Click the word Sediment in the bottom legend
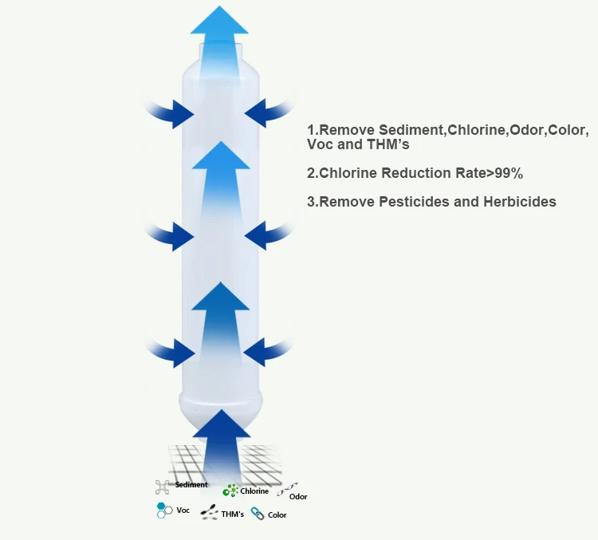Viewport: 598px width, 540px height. (x=191, y=485)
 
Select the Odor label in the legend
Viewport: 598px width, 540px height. (x=298, y=497)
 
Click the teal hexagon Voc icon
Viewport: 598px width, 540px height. (x=163, y=510)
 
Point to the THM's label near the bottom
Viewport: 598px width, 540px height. (x=233, y=514)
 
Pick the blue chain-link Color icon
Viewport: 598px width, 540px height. (x=258, y=514)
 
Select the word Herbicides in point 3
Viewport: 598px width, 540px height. (x=519, y=202)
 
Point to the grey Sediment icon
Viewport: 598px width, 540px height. (x=162, y=486)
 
